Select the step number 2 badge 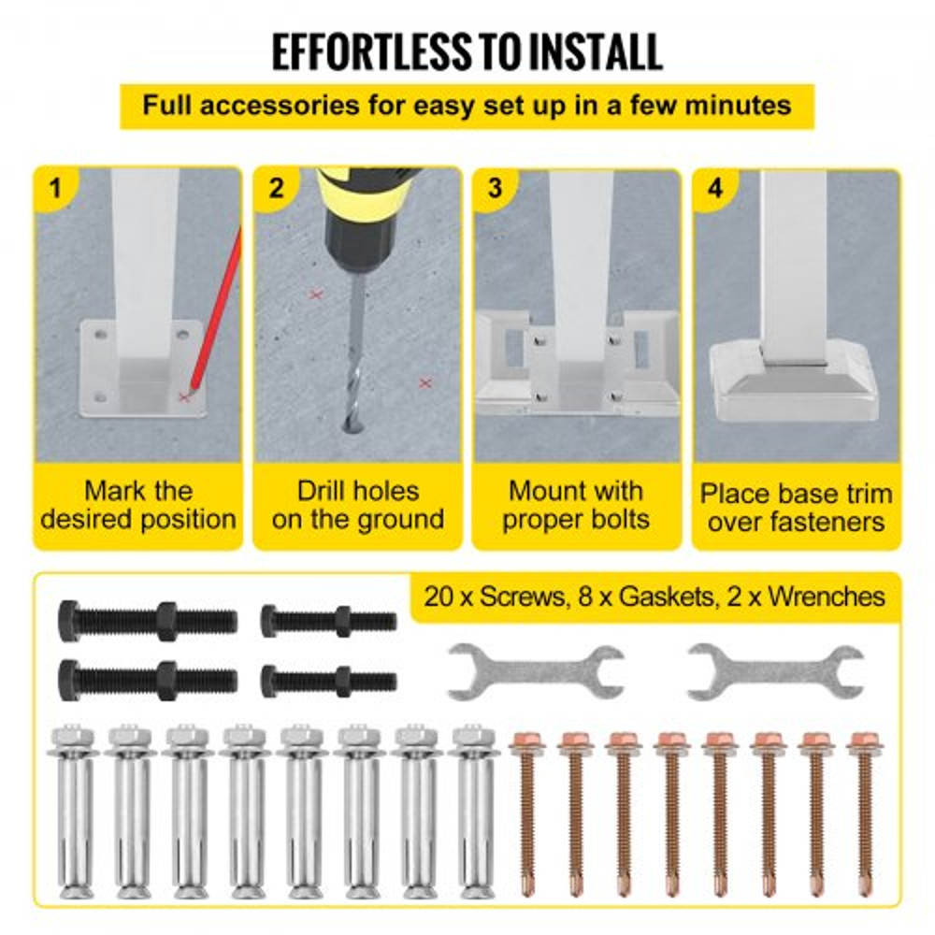point(276,188)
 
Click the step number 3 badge point(495,188)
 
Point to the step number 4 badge point(715,188)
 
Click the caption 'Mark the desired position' point(138,505)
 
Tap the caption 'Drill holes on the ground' point(358,505)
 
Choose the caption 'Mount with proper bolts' point(576,505)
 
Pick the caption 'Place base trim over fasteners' point(796,506)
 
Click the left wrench point(536,671)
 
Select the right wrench point(775,671)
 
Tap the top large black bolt point(148,620)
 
